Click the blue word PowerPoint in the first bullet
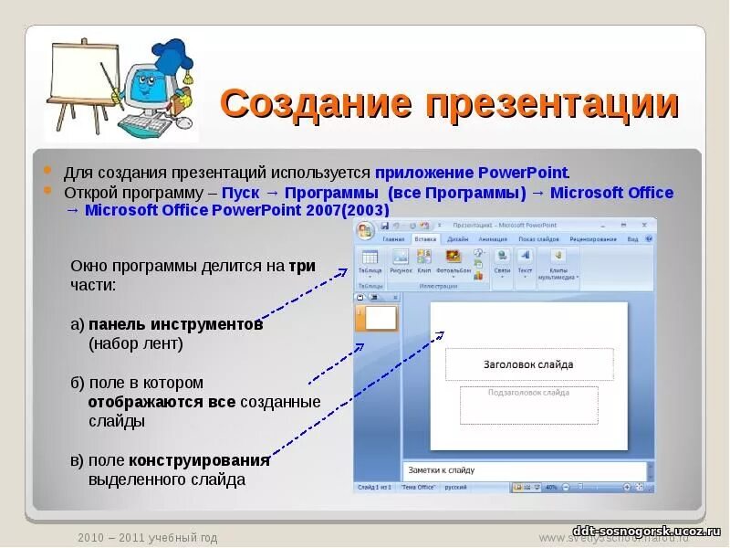pos(523,173)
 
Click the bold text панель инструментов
pos(176,324)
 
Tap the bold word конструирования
pos(199,460)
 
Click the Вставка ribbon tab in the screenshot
pos(425,238)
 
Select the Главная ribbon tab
pos(393,238)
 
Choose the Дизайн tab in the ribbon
pos(457,238)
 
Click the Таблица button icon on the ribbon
pos(370,258)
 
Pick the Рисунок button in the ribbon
pos(401,258)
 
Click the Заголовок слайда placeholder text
pos(528,364)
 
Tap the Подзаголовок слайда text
pos(528,393)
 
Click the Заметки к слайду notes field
pos(442,470)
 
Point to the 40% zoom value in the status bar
pos(550,488)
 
